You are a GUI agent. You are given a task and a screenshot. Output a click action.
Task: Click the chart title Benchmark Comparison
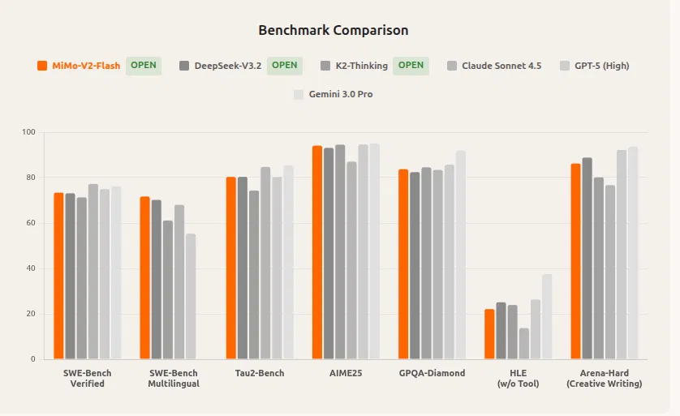click(x=333, y=31)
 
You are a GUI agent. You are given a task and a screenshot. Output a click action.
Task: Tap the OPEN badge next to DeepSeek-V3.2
click(x=284, y=66)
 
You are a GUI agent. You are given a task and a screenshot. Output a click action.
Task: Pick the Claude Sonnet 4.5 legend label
click(x=501, y=66)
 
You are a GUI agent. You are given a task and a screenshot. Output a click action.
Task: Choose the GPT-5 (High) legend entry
click(x=601, y=66)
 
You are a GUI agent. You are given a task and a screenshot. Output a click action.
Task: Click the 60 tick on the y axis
click(x=31, y=223)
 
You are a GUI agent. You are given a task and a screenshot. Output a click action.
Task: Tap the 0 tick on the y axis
click(x=33, y=359)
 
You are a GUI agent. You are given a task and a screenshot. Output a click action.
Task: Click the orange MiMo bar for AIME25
click(x=317, y=252)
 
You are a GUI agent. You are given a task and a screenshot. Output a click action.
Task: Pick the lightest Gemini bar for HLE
click(x=547, y=316)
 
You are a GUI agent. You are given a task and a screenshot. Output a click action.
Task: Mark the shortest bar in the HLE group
click(x=524, y=343)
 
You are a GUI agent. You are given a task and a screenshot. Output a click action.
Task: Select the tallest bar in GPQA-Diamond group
click(x=461, y=255)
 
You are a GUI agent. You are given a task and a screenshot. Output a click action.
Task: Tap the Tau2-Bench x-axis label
click(x=259, y=373)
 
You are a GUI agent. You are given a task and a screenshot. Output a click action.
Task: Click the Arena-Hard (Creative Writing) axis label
click(x=604, y=378)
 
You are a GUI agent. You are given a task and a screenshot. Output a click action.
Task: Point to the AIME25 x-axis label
click(x=346, y=373)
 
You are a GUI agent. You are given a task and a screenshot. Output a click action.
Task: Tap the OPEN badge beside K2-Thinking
click(x=411, y=66)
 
